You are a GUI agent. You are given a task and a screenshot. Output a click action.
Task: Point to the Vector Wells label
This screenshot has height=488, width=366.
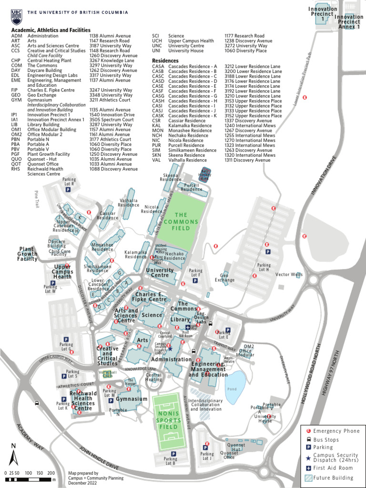(x=289, y=274)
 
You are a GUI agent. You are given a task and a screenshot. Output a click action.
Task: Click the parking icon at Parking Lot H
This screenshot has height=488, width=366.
(x=267, y=252)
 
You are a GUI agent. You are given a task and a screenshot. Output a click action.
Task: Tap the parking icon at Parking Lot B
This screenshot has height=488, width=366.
(x=173, y=454)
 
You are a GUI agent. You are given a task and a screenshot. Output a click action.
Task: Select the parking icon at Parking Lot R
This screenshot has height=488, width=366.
(x=68, y=189)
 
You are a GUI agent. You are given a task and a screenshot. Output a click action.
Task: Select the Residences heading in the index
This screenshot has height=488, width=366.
(x=165, y=61)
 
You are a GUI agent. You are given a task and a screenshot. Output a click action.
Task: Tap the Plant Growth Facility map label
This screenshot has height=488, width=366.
(x=27, y=254)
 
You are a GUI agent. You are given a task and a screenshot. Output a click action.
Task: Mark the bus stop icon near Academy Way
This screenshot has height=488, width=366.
(x=37, y=403)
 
